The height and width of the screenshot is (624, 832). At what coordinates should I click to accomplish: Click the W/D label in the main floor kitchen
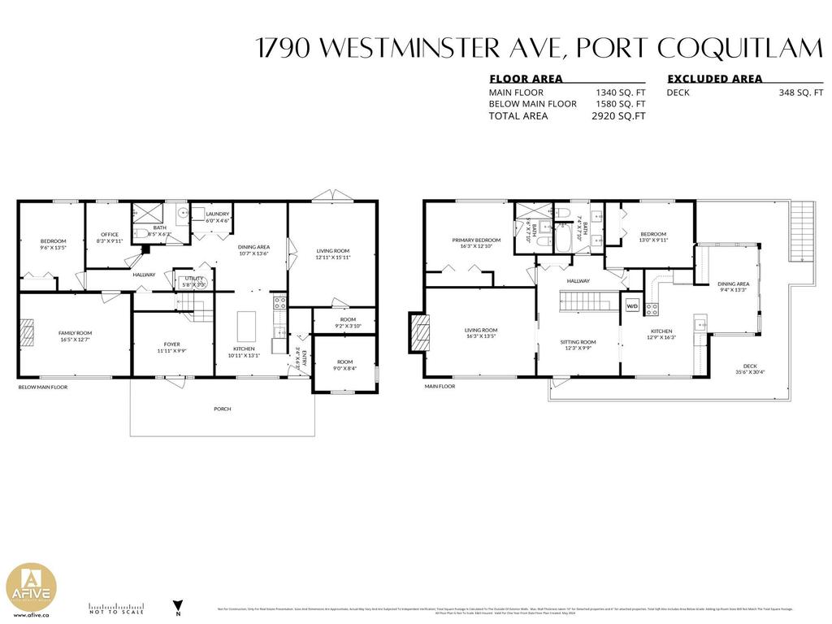(631, 306)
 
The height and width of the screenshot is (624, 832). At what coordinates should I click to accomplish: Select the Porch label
(222, 409)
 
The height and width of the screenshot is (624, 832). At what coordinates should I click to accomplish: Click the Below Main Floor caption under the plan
(43, 388)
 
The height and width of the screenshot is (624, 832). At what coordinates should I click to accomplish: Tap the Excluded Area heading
(715, 79)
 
